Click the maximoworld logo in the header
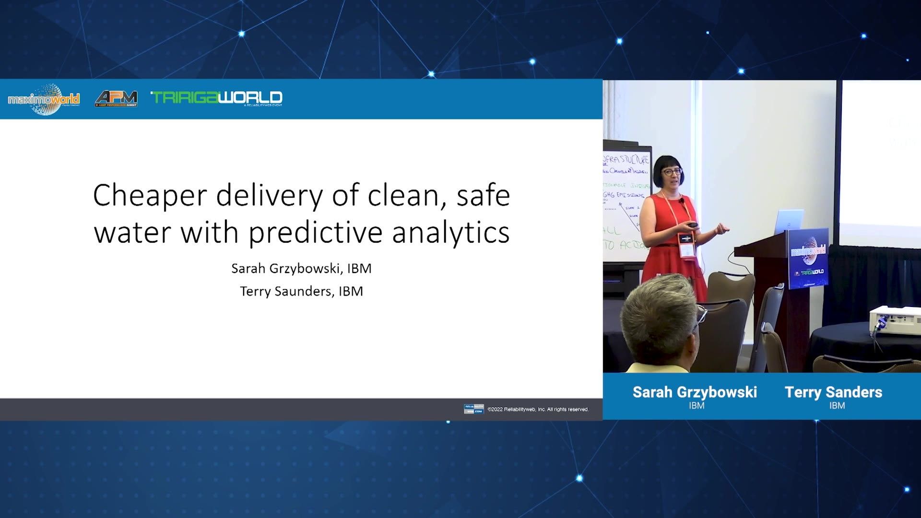pos(44,99)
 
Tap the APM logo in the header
pos(116,98)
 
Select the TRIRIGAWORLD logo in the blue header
pos(217,98)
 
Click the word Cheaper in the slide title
pos(150,196)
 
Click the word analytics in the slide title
pos(450,232)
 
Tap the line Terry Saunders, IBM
pos(301,292)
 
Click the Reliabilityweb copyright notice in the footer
pos(538,409)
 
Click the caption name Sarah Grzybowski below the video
pos(695,392)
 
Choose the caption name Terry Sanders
pos(833,392)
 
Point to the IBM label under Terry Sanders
pos(837,406)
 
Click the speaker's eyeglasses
pos(672,172)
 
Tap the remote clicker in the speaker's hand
pos(693,224)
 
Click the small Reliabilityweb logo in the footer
pos(473,409)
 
